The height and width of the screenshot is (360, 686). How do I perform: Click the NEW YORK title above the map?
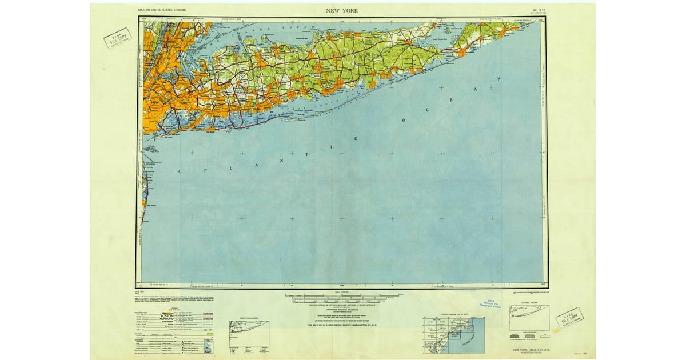tap(342, 10)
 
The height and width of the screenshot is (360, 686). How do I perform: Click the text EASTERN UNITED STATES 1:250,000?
tap(166, 11)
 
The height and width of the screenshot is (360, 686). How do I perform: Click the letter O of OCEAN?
tap(404, 121)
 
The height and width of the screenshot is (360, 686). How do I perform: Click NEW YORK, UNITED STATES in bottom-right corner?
tap(532, 349)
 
